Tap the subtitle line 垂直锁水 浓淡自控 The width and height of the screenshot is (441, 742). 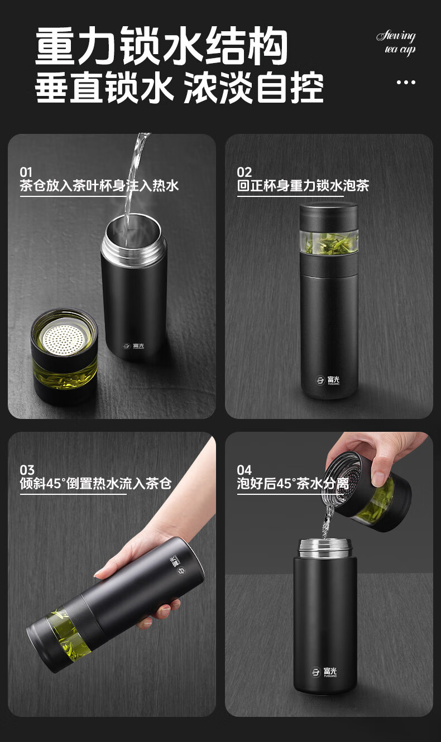point(179,88)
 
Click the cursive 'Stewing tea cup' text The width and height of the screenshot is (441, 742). point(396,42)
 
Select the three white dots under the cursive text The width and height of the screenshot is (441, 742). point(406,82)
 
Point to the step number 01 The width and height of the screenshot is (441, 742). point(26,172)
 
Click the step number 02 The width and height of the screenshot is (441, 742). point(244,172)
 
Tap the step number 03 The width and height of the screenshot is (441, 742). point(27,470)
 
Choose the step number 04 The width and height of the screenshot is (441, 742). point(244,470)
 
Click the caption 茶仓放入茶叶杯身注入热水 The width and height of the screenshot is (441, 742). point(99,185)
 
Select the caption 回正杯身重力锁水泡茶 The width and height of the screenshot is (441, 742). point(303,185)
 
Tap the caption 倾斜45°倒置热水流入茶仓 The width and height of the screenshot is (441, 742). point(95,484)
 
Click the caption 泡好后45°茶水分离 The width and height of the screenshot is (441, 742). point(293,484)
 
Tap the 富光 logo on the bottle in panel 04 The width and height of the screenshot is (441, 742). point(324,672)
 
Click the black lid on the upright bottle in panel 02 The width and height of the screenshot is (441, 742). point(329,217)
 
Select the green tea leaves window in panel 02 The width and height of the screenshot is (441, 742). point(329,242)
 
